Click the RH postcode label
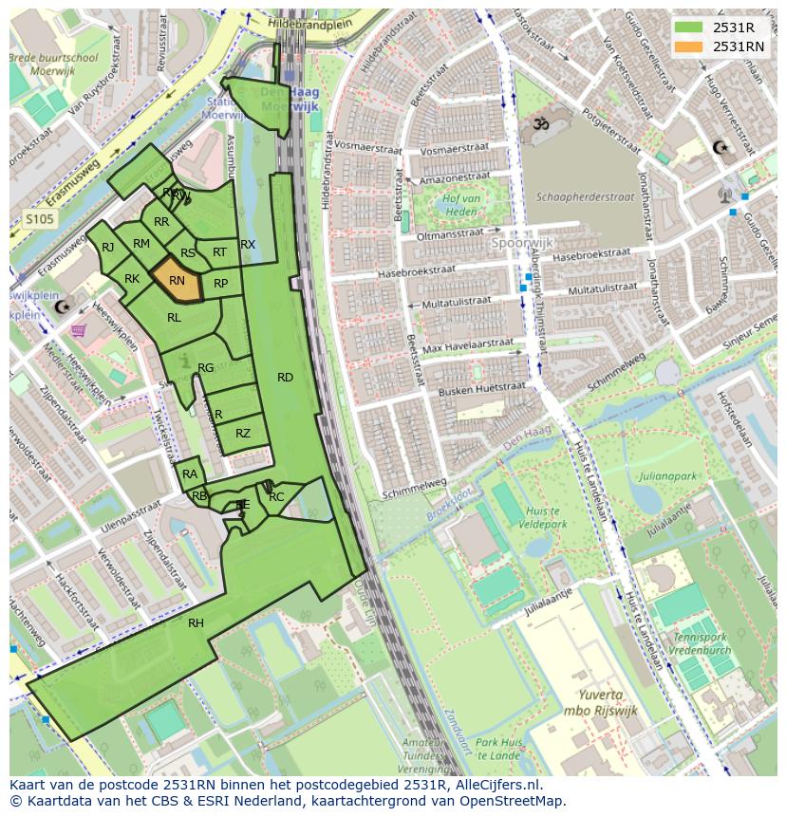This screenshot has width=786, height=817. (196, 623)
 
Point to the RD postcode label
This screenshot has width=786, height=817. (285, 378)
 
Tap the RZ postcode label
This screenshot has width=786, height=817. (243, 434)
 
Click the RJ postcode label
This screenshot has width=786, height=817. (107, 248)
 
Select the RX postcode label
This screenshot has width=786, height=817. (248, 245)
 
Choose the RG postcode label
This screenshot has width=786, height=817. (205, 368)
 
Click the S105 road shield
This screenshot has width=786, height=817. (39, 219)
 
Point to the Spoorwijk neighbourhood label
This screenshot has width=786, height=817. (521, 243)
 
